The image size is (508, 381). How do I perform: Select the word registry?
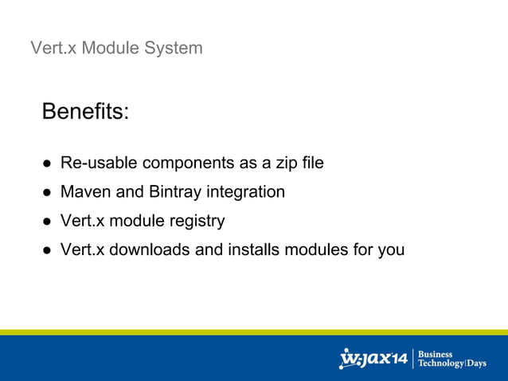[x=195, y=221]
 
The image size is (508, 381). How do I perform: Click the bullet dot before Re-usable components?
[x=48, y=164]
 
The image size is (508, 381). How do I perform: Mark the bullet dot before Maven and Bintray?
[x=48, y=193]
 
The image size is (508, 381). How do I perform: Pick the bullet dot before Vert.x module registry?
[x=48, y=222]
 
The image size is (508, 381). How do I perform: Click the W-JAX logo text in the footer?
[x=373, y=359]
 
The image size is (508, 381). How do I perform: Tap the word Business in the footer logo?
[x=435, y=354]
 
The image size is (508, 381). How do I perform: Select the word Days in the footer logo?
[x=476, y=364]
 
